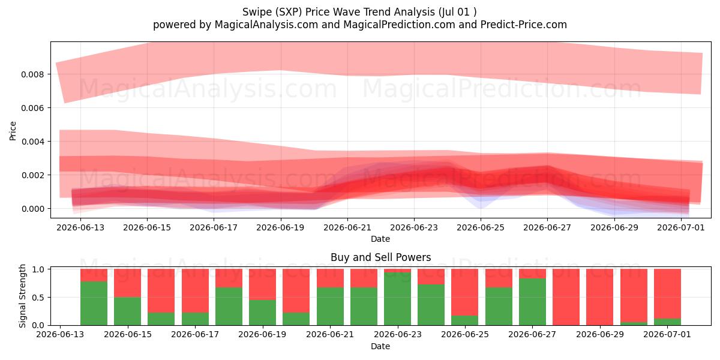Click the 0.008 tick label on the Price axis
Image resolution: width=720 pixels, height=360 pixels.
pyautogui.click(x=32, y=74)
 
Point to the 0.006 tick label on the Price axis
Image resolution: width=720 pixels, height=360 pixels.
pyautogui.click(x=32, y=108)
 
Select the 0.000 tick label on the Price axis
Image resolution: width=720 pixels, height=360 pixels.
pyautogui.click(x=32, y=209)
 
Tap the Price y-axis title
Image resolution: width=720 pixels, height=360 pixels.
pyautogui.click(x=13, y=131)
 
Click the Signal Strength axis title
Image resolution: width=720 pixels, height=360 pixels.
pyautogui.click(x=22, y=296)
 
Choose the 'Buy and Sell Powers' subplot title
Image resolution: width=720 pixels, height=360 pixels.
pyautogui.click(x=380, y=257)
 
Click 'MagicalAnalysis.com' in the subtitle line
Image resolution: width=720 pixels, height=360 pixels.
pyautogui.click(x=266, y=25)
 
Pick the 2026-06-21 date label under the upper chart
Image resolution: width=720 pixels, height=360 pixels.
pyautogui.click(x=347, y=227)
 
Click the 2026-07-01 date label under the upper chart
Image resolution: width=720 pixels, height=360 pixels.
pyautogui.click(x=681, y=227)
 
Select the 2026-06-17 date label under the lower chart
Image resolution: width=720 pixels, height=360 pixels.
pyautogui.click(x=195, y=334)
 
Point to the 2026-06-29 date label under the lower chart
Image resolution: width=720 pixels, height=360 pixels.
pyautogui.click(x=600, y=334)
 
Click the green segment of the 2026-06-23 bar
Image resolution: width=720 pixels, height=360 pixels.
pyautogui.click(x=397, y=299)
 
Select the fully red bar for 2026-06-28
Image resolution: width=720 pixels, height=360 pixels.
pyautogui.click(x=566, y=297)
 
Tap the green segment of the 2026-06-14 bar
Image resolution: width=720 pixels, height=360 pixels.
pyautogui.click(x=94, y=303)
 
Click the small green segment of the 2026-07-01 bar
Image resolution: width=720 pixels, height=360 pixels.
pyautogui.click(x=667, y=322)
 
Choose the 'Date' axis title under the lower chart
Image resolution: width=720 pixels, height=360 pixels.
pyautogui.click(x=380, y=346)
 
